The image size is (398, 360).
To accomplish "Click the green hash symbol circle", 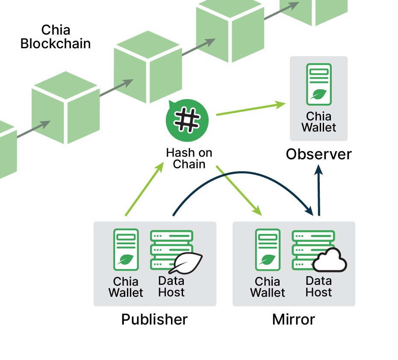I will [187, 121].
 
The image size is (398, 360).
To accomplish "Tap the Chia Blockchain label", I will [56, 37].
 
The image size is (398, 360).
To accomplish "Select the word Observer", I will [318, 154].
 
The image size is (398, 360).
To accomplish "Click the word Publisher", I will [154, 319].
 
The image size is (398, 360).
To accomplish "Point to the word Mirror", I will [294, 319].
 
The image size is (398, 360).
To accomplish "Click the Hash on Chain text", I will [189, 158].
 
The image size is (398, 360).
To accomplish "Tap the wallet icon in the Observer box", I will [319, 84].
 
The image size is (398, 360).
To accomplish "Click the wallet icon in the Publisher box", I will [126, 249].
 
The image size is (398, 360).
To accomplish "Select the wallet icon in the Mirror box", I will [268, 249].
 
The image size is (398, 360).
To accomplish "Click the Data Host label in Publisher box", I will [171, 287].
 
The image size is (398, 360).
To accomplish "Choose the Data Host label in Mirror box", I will [319, 287].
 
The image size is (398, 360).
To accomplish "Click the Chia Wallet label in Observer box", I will [319, 122].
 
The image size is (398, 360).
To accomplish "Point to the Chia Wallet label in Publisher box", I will [126, 287].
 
